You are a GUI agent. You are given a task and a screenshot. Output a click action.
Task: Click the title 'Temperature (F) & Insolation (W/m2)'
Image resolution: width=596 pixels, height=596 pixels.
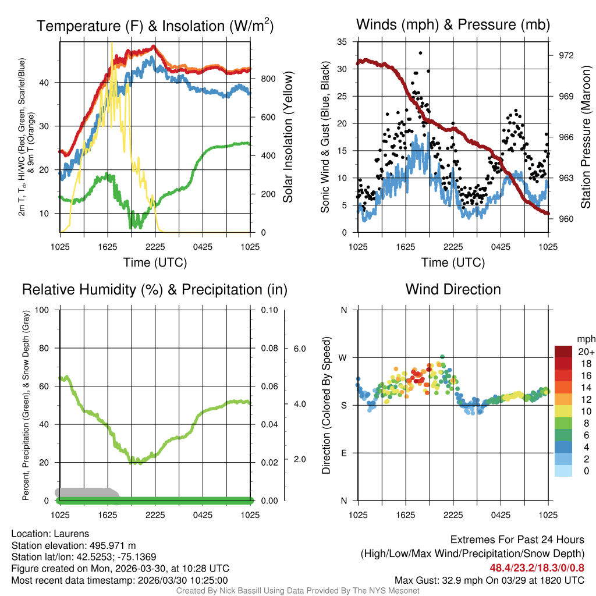tap(155, 26)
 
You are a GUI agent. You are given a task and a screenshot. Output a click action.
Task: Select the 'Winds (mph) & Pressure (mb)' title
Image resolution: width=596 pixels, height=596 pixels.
tap(453, 24)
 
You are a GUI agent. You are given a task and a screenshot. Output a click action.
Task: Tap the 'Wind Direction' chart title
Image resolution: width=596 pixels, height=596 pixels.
tap(453, 289)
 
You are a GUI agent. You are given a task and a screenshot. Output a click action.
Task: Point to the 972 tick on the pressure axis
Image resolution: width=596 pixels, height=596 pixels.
tap(566, 55)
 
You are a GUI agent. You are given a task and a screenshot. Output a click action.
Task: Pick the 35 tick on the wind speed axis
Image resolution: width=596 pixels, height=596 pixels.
tap(343, 42)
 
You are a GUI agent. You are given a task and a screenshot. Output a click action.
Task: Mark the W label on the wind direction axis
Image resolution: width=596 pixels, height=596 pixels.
tap(343, 357)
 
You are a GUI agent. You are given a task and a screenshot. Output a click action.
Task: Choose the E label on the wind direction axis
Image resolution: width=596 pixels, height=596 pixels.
tap(343, 453)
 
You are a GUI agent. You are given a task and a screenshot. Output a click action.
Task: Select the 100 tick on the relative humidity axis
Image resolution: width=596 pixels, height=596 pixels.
tap(42, 310)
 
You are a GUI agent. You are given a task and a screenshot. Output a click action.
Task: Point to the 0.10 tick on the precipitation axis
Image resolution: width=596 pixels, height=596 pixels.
tap(269, 310)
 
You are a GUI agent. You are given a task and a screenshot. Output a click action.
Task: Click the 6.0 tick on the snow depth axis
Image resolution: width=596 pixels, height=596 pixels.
tap(299, 349)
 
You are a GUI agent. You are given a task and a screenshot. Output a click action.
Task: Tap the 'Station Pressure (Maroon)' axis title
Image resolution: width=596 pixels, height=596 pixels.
tap(586, 137)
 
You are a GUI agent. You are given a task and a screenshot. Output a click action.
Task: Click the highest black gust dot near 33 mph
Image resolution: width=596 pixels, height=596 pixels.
tap(420, 52)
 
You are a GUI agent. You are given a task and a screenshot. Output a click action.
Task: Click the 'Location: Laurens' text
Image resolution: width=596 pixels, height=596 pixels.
tap(50, 534)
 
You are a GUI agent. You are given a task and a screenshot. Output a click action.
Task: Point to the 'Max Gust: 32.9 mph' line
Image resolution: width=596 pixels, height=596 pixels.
tap(489, 580)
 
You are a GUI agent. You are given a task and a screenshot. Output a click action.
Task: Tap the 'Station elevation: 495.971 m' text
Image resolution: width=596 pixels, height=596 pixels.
tap(73, 545)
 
